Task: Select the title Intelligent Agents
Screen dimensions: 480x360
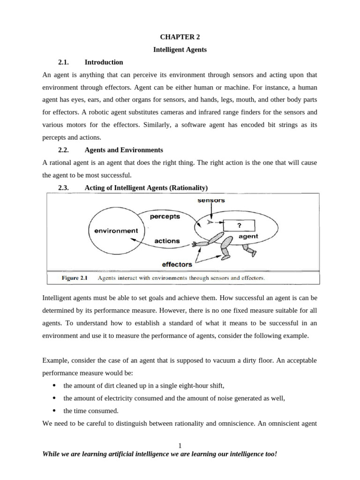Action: [180, 50]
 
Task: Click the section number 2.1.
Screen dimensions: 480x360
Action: [64, 62]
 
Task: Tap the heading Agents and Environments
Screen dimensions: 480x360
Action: [124, 150]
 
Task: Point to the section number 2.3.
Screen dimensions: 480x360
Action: [64, 187]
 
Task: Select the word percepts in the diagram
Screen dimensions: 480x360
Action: [164, 217]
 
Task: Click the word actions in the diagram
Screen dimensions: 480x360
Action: [167, 241]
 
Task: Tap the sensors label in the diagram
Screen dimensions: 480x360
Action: [211, 200]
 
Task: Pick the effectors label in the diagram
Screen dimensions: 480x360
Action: [177, 264]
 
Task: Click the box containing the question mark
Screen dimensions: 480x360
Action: [239, 225]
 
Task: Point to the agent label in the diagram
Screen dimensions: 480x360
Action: [248, 237]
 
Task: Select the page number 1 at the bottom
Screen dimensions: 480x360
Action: [180, 445]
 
